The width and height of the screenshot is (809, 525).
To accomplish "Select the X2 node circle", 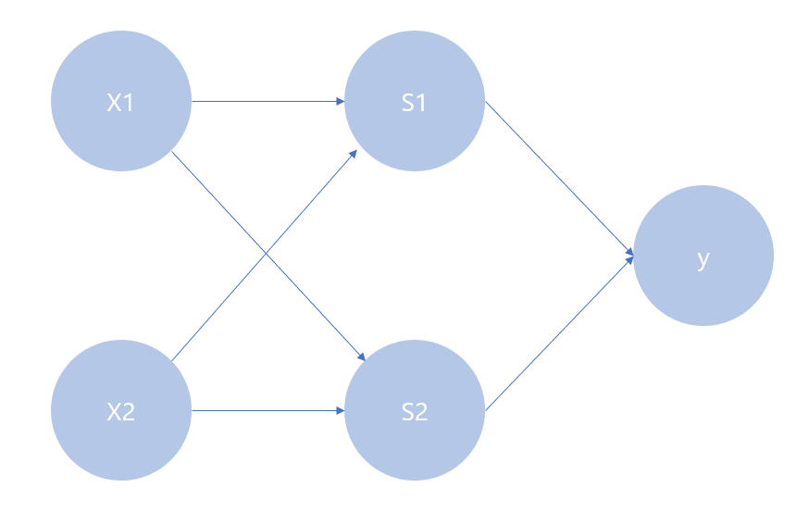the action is [120, 435].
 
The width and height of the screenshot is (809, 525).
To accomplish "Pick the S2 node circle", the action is [414, 435].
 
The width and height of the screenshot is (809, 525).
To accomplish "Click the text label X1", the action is [120, 103].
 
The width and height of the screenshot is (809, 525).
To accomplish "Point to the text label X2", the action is [120, 412].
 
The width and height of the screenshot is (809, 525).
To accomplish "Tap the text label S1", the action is [414, 103].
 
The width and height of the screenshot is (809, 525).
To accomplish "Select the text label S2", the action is [414, 412].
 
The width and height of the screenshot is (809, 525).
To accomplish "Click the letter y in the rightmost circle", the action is [703, 259].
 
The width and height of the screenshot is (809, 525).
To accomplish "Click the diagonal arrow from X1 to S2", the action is [222, 203].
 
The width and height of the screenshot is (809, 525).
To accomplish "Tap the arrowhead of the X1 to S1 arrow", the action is [340, 102].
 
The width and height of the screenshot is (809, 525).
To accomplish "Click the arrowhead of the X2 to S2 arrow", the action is [340, 411].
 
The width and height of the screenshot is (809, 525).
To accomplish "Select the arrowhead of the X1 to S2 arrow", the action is [364, 357].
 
